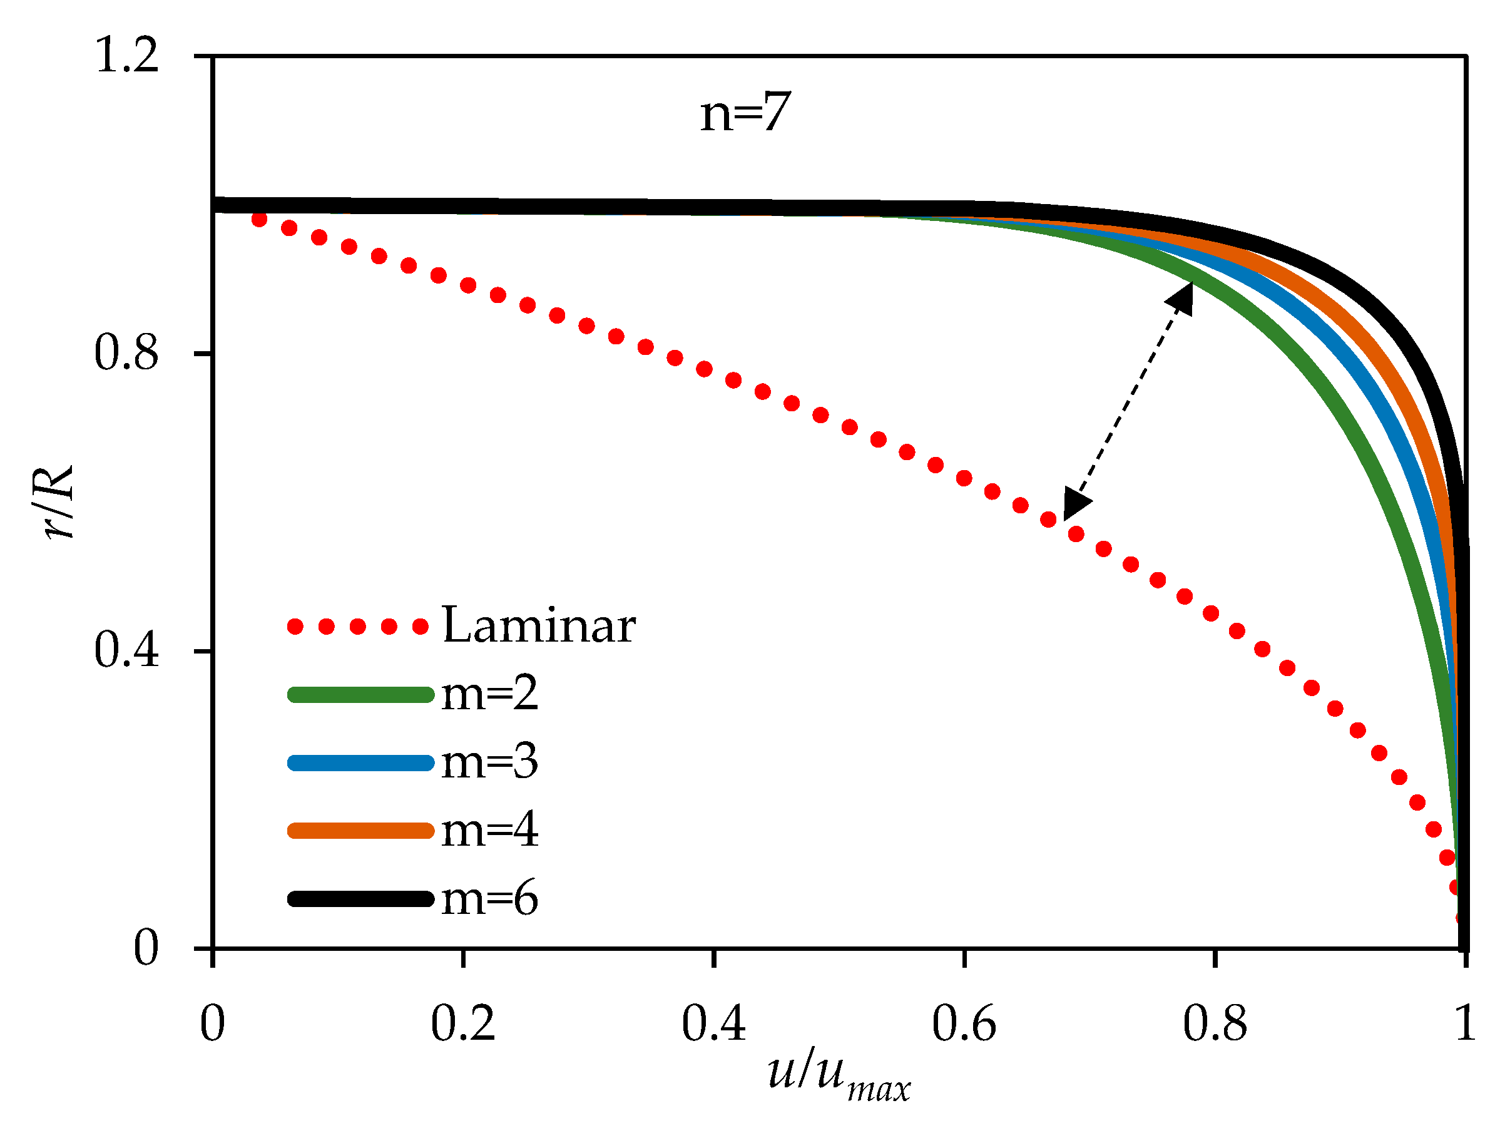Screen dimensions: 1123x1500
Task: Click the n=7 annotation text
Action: (x=745, y=113)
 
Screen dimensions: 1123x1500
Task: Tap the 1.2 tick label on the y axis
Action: (x=126, y=55)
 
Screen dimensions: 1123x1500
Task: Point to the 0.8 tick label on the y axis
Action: (x=126, y=352)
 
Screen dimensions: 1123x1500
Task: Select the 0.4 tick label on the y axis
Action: (x=126, y=650)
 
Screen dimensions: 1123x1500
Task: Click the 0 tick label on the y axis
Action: (x=146, y=946)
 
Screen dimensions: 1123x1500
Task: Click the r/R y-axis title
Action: (x=57, y=502)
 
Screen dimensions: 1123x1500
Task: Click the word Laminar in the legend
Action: (x=538, y=625)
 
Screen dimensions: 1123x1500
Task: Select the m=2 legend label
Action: (x=489, y=694)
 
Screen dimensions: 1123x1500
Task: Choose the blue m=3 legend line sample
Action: (x=360, y=762)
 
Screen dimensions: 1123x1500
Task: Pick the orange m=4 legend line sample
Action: (x=360, y=831)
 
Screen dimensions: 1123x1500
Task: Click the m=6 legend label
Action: (x=489, y=899)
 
